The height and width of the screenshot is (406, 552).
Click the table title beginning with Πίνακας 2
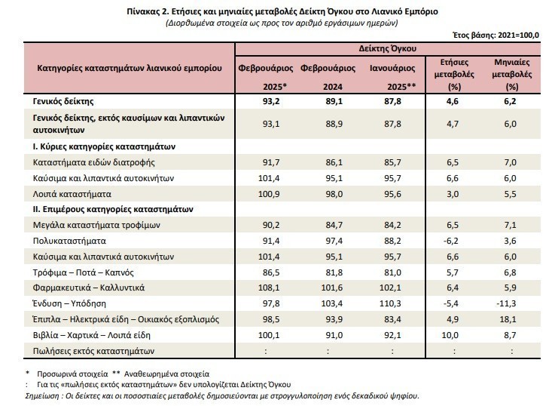(276, 13)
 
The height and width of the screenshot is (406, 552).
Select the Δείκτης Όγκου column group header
(388, 48)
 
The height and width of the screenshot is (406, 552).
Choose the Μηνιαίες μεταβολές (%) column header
(511, 73)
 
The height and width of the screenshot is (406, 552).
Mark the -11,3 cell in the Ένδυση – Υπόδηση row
(511, 304)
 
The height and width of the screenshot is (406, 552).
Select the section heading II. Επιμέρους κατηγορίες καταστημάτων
(113, 208)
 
